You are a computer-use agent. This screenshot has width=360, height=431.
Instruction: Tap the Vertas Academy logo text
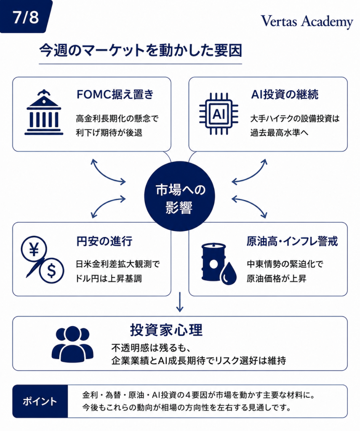[307, 21]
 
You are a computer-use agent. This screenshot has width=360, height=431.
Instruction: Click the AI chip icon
[219, 114]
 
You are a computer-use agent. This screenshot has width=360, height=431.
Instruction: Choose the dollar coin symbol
[51, 271]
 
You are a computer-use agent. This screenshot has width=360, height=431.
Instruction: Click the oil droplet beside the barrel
[229, 273]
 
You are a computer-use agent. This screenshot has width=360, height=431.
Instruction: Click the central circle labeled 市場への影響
[180, 196]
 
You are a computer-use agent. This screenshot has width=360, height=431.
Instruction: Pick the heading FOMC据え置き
[115, 94]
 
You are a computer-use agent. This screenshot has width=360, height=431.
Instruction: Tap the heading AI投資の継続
[285, 94]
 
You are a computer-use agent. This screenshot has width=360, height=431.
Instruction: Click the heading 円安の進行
[104, 241]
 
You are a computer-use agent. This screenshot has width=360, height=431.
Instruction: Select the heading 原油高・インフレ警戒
[292, 241]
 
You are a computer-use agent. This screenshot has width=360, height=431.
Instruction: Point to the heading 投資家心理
[166, 330]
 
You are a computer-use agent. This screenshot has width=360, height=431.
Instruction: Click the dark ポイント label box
[40, 401]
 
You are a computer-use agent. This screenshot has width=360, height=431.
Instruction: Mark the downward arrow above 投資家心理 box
[180, 302]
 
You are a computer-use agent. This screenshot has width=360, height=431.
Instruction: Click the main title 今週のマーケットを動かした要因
[140, 51]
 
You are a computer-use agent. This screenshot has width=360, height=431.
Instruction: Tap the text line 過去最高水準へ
[279, 133]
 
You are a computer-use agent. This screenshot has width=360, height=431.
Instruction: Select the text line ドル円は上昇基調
[109, 279]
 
